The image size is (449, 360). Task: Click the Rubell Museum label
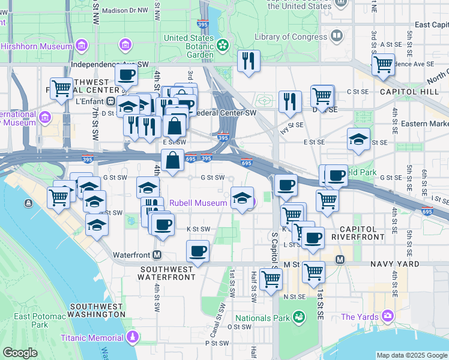[198, 203]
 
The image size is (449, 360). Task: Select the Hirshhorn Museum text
[36, 46]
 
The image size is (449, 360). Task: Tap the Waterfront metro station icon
[157, 254]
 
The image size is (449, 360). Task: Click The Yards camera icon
[388, 316]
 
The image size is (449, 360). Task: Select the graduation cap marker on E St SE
[358, 140]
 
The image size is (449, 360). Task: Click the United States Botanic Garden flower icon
[222, 44]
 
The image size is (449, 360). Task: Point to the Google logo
[20, 353]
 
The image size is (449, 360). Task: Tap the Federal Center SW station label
[225, 112]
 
